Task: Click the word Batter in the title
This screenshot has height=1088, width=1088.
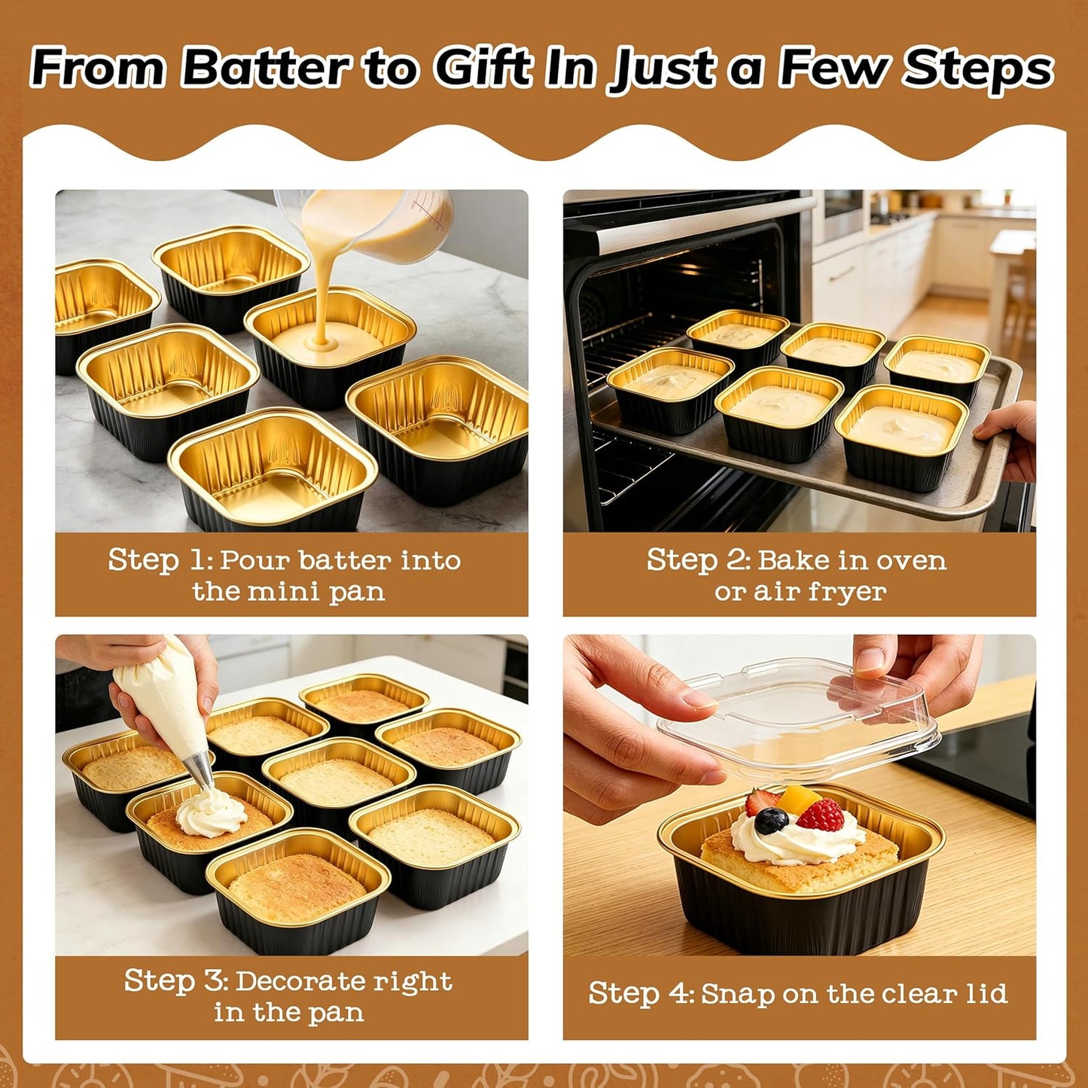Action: [265, 69]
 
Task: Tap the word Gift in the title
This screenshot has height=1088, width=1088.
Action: [482, 69]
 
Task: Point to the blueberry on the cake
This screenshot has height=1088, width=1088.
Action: [770, 821]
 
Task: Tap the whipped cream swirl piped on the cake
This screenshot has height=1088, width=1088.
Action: [210, 813]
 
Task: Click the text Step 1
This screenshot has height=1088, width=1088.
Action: [157, 560]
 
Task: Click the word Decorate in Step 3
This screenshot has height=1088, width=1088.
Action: [301, 981]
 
